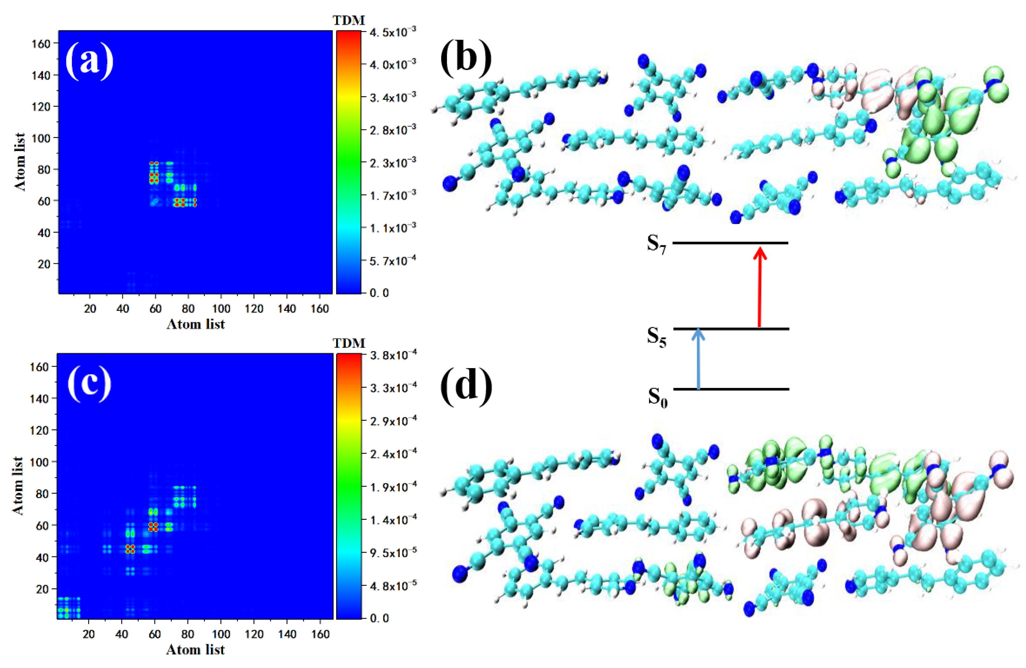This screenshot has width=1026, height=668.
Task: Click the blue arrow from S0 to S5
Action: pos(698,360)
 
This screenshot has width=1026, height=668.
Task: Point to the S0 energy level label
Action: pos(657,397)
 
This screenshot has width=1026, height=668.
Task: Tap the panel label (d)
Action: pos(466,386)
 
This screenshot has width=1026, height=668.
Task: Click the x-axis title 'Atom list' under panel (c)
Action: pos(195,650)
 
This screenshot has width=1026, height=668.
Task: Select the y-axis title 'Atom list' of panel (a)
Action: pos(20,162)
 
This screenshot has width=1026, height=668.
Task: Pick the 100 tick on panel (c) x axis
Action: pos(221,634)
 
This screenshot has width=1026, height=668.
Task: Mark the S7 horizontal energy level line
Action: pos(730,243)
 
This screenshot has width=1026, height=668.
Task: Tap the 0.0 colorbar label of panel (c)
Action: pos(380,618)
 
